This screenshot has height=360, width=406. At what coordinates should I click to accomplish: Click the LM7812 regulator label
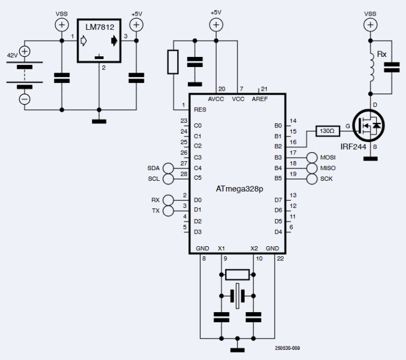coord(99,26)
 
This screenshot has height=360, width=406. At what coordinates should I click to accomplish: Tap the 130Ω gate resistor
coord(326,130)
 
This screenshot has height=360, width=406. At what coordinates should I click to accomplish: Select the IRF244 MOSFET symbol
coord(370,127)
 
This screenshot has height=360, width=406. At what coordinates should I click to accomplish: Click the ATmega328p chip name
coord(239,189)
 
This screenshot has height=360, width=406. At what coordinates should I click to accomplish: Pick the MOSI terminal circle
coord(313,158)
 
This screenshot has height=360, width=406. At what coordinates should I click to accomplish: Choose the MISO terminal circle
coord(313,168)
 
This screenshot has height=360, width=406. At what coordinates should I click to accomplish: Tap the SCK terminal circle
coord(313,179)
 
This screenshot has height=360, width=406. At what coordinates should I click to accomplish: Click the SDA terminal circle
coord(168,168)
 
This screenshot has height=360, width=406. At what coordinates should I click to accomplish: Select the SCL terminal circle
coord(168,179)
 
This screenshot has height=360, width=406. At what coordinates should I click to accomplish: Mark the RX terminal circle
coord(168,200)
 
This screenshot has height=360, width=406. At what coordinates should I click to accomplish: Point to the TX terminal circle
coord(168,211)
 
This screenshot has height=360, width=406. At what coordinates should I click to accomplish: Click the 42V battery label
coord(12,55)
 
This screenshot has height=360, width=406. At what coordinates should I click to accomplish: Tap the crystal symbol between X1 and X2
coord(237,295)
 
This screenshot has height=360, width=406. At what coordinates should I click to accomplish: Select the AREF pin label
coord(260,98)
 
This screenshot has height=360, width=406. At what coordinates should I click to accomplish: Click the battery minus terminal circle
coord(24,99)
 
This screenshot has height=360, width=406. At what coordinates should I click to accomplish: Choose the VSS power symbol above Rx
coord(370,25)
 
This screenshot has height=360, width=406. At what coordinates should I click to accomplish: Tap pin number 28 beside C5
coord(183,175)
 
